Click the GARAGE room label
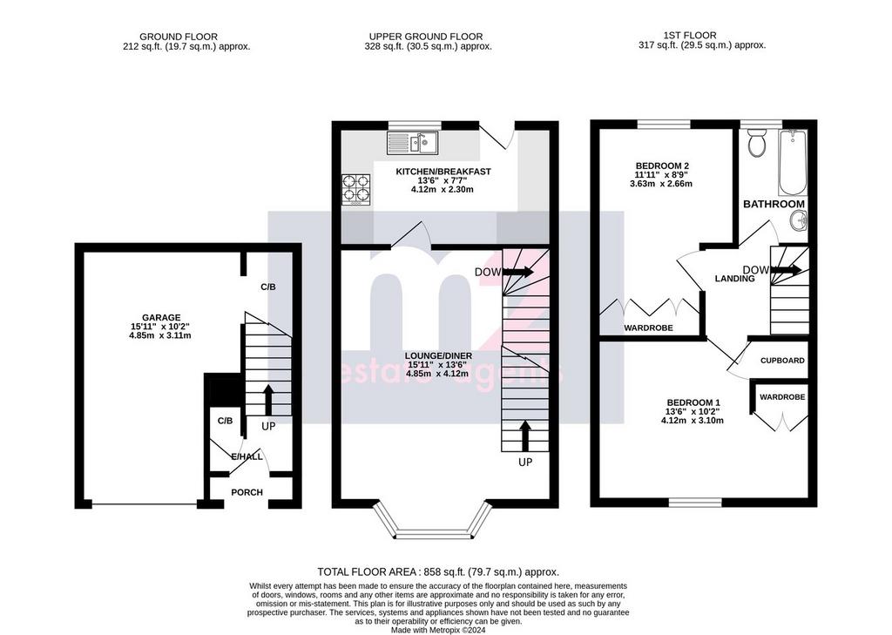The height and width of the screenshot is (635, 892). [x=161, y=317]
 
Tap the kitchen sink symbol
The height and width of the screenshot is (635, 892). [x=412, y=143]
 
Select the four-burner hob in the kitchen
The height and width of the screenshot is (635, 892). [x=356, y=189]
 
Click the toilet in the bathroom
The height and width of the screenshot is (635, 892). [x=757, y=143]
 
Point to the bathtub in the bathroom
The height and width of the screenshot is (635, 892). [x=793, y=162]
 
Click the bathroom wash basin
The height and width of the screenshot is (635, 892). [x=800, y=220]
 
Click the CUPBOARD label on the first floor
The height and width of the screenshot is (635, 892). [x=782, y=360]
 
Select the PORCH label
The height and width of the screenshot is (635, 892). [x=247, y=492]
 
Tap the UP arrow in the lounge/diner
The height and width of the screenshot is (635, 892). [x=525, y=436]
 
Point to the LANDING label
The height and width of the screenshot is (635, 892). [x=734, y=278]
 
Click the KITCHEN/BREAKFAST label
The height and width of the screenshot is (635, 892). [x=443, y=172]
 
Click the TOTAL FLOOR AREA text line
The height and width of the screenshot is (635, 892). [x=438, y=571]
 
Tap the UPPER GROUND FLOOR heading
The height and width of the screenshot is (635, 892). [x=425, y=37]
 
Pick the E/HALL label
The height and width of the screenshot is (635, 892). [x=247, y=456]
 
